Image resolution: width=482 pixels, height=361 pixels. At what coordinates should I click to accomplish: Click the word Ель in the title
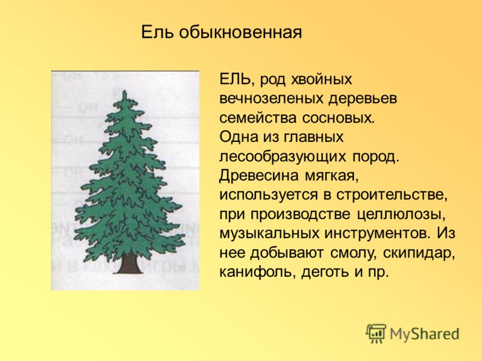158,32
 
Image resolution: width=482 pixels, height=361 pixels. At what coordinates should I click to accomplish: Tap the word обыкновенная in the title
240,32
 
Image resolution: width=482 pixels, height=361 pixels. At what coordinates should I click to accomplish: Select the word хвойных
321,80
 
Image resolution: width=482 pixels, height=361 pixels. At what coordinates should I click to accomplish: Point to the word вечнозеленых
272,99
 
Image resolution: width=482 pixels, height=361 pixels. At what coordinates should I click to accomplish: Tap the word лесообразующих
283,157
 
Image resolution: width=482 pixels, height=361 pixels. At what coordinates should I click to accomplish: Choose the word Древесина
259,176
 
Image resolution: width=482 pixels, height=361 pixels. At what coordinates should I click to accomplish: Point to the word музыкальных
269,234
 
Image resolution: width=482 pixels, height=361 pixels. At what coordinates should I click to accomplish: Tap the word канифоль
258,273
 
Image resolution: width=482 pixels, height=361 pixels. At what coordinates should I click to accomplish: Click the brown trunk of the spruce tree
128,264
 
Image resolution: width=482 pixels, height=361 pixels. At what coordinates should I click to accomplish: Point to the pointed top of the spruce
125,91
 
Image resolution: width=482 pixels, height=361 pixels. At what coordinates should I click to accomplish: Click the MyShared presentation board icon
376,333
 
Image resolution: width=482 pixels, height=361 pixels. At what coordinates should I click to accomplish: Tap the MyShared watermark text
424,335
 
